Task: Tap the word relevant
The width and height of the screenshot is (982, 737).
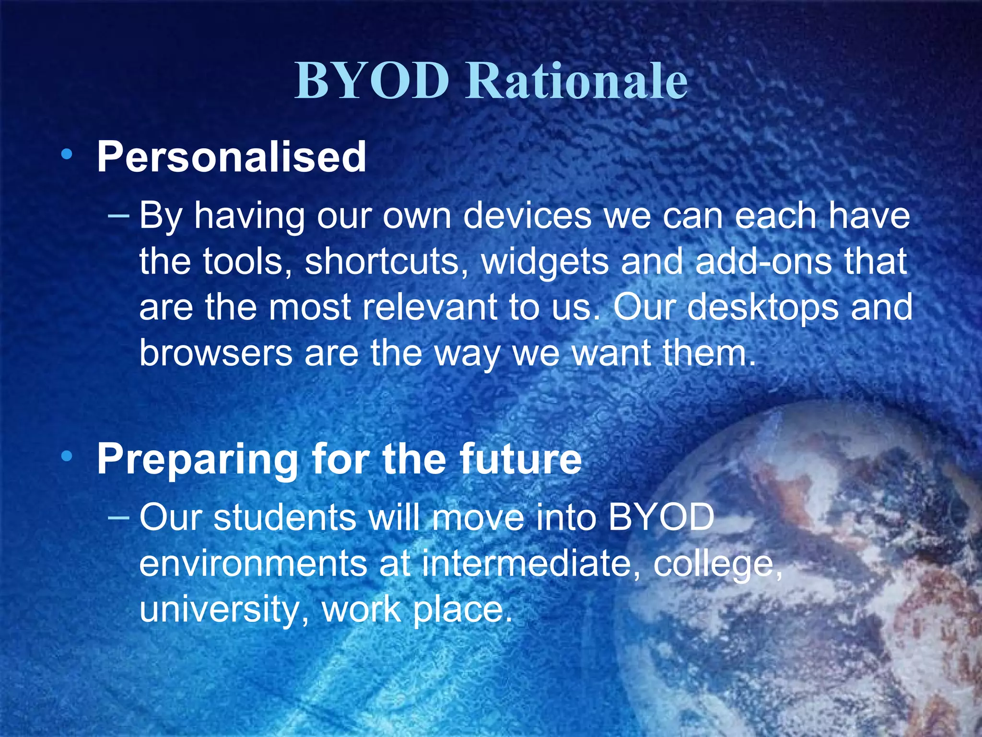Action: [430, 307]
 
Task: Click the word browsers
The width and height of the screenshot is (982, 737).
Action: [216, 353]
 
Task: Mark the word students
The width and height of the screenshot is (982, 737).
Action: [285, 518]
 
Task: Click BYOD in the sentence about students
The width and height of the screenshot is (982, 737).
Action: [662, 518]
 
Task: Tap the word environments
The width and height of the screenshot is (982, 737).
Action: [253, 563]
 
